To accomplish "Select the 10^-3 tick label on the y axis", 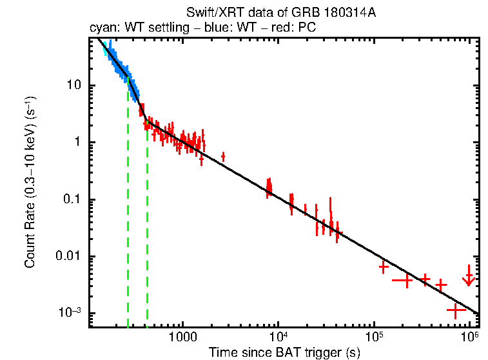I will coord(70,313).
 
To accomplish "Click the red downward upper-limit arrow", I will coord(469,277).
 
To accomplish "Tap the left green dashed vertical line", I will coord(128,206).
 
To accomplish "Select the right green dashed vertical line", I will coord(148,226).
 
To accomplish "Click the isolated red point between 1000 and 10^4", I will coord(223,156).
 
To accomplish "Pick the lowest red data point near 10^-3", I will coord(456,310).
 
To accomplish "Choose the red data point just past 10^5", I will coord(384,266).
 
